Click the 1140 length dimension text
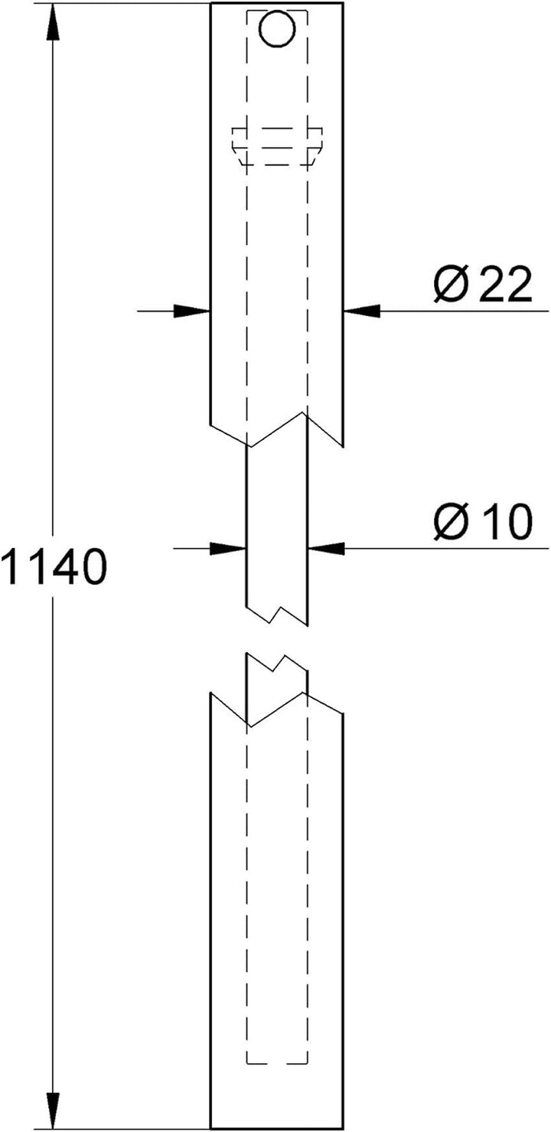(x=54, y=567)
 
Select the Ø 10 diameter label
(x=483, y=521)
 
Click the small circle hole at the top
(x=277, y=29)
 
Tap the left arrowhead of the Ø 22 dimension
(x=191, y=311)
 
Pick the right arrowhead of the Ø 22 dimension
(x=362, y=311)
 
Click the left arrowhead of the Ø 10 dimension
(x=227, y=548)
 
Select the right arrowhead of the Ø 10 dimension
(x=326, y=548)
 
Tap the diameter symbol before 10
(x=452, y=521)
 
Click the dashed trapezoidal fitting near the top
(x=277, y=146)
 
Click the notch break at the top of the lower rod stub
(x=277, y=663)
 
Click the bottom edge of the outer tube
(x=277, y=1129)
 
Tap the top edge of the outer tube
(x=277, y=3)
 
